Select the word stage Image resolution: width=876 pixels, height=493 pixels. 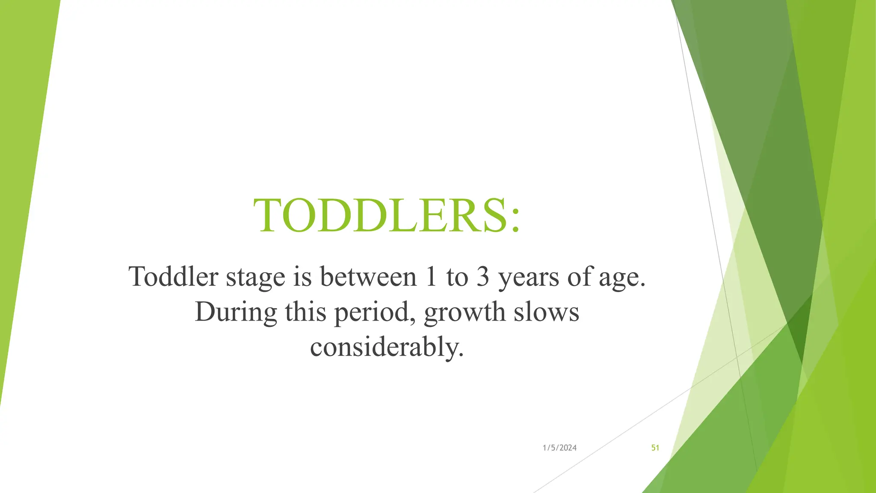pos(255,277)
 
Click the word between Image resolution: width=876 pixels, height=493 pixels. pos(368,276)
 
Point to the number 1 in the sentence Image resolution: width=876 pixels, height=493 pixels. pos(431,276)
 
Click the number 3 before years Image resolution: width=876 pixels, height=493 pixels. pos(482,276)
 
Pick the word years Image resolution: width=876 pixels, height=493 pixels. pos(529,277)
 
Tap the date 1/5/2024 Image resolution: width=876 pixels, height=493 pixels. pos(559,448)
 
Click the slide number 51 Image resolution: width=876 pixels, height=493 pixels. pos(655,448)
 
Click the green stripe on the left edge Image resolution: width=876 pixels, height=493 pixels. pos(21,171)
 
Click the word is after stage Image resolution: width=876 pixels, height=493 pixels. pos(302,276)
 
